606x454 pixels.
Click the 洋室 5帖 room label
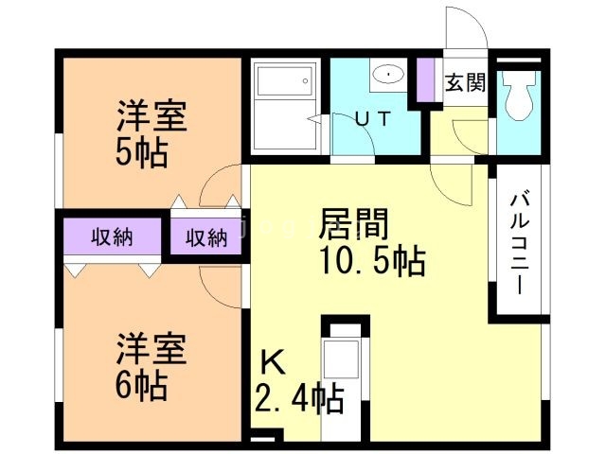[x=151, y=135]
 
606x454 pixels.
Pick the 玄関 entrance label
[x=465, y=82]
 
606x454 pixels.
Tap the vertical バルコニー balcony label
[x=520, y=243]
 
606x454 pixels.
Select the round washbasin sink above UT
[x=387, y=74]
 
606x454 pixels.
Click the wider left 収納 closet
[x=112, y=237]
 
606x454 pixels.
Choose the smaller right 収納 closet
[x=205, y=237]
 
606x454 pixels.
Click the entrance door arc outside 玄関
[x=466, y=28]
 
